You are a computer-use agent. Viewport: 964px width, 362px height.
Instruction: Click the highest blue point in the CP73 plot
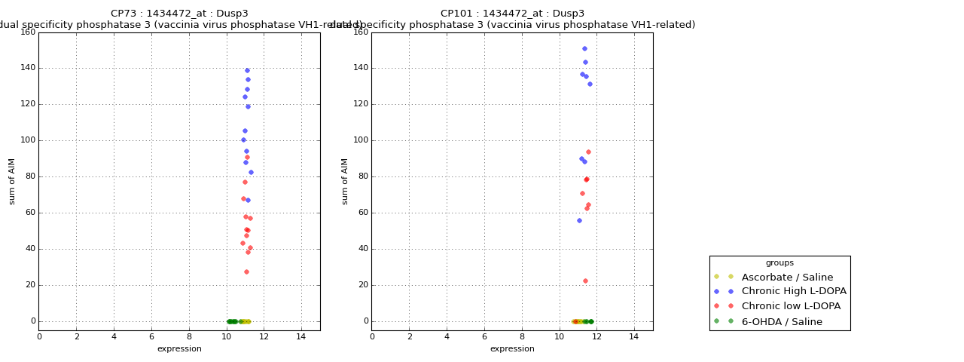pos(247,70)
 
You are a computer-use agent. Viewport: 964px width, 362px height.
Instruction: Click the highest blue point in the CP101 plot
pos(584,48)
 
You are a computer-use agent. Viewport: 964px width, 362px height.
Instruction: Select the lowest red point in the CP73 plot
pos(246,271)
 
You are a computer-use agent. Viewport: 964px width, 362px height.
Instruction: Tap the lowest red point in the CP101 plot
pos(585,281)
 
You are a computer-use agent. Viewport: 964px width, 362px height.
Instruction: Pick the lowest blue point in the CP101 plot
pos(579,220)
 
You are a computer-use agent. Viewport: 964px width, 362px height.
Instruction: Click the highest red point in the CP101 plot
pos(588,152)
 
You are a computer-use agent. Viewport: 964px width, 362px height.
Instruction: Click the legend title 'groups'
pos(779,262)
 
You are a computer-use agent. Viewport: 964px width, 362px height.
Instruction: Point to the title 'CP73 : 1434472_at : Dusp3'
pos(179,14)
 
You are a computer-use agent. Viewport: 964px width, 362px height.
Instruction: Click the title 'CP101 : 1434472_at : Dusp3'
pos(512,14)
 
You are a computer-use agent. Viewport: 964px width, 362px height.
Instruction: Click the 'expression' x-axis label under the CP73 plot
pos(179,348)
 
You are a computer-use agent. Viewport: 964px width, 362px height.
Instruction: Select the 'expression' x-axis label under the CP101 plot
pos(512,348)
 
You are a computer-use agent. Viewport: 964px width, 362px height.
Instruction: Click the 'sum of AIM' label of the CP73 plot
pos(12,181)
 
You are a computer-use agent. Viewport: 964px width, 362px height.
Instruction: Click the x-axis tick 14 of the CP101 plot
pos(634,336)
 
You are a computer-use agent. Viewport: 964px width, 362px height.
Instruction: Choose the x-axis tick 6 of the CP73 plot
pos(151,336)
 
